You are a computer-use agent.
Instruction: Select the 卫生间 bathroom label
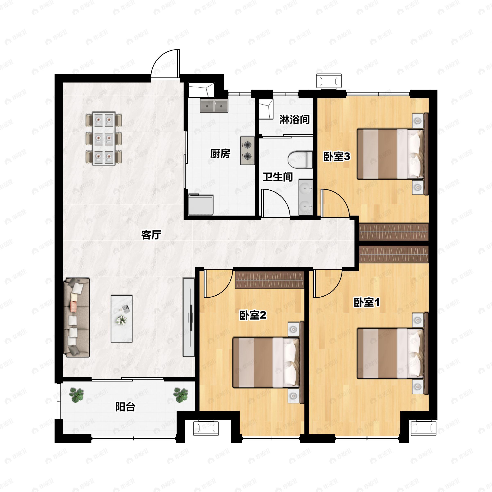pos(278,177)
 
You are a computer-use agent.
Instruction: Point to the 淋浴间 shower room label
pos(295,120)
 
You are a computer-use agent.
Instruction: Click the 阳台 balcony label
pos(125,407)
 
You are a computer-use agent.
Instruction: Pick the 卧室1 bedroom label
pos(367,302)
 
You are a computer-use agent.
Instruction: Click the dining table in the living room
pos(104,138)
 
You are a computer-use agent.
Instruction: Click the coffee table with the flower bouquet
pos(122,319)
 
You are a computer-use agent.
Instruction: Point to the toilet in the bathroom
pos(300,160)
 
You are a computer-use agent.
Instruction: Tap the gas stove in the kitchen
pos(247,151)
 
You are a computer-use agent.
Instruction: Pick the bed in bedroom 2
pos(266,363)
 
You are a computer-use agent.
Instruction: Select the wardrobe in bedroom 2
pos(269,280)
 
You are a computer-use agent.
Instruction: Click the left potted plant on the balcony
pos(77,395)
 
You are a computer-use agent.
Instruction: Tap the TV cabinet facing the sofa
pos(189,317)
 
